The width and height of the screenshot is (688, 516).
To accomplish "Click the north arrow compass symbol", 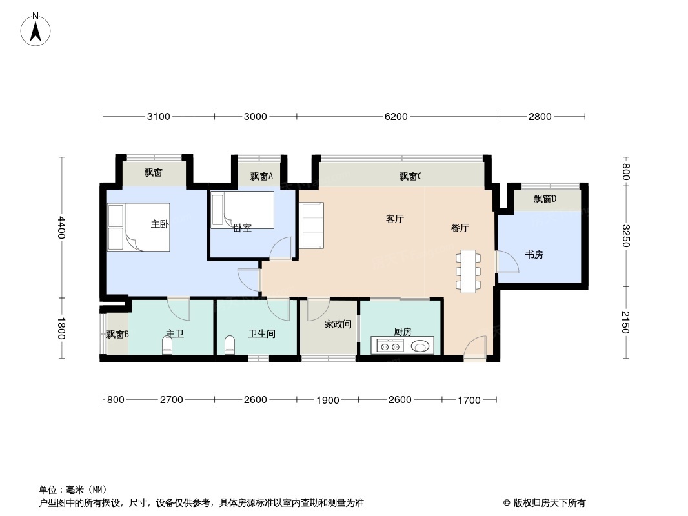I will [x=36, y=30].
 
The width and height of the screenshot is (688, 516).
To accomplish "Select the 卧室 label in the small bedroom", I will [x=242, y=228].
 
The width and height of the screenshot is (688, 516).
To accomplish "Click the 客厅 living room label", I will [x=394, y=219].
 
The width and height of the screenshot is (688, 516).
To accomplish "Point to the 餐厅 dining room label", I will [x=460, y=228].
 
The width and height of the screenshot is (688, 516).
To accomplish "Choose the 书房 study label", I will [x=534, y=255].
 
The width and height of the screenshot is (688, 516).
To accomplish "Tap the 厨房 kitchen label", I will [x=402, y=332].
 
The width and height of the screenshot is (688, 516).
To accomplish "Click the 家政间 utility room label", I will [x=338, y=324].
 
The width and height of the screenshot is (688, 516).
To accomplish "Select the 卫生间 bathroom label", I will [x=262, y=334].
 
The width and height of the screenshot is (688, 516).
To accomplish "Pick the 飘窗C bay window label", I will [x=410, y=176].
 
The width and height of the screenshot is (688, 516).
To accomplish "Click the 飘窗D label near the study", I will [x=545, y=199].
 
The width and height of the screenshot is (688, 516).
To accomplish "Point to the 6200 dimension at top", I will [x=396, y=117].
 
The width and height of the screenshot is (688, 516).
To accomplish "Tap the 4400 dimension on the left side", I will [x=61, y=227].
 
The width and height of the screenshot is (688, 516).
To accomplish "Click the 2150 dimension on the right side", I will [x=625, y=322].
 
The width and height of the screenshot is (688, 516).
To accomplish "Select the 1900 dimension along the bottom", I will [x=328, y=400].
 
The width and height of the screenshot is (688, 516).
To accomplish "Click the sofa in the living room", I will [x=312, y=225].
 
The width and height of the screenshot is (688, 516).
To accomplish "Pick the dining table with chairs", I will [x=468, y=271].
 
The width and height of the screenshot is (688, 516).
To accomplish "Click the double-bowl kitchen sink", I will [x=390, y=346].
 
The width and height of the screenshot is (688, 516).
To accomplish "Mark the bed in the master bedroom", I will [x=139, y=227].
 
